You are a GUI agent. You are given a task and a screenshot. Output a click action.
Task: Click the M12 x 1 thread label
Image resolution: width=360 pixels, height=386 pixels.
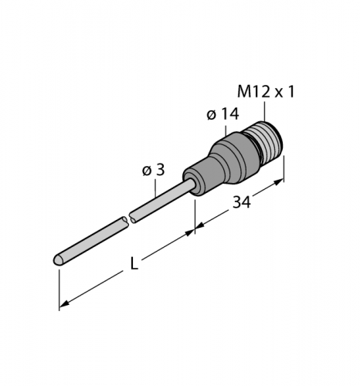pyautogui.click(x=265, y=92)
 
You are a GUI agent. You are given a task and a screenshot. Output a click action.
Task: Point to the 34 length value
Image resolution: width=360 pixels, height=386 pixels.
pyautogui.click(x=242, y=205)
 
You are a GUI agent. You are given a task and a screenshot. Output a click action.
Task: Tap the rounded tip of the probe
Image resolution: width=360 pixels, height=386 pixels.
pyautogui.click(x=58, y=261)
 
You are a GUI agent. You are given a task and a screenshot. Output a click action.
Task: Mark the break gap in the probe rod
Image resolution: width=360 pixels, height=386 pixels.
pyautogui.click(x=128, y=221)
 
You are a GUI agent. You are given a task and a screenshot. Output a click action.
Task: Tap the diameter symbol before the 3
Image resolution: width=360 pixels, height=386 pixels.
pyautogui.click(x=147, y=171)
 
